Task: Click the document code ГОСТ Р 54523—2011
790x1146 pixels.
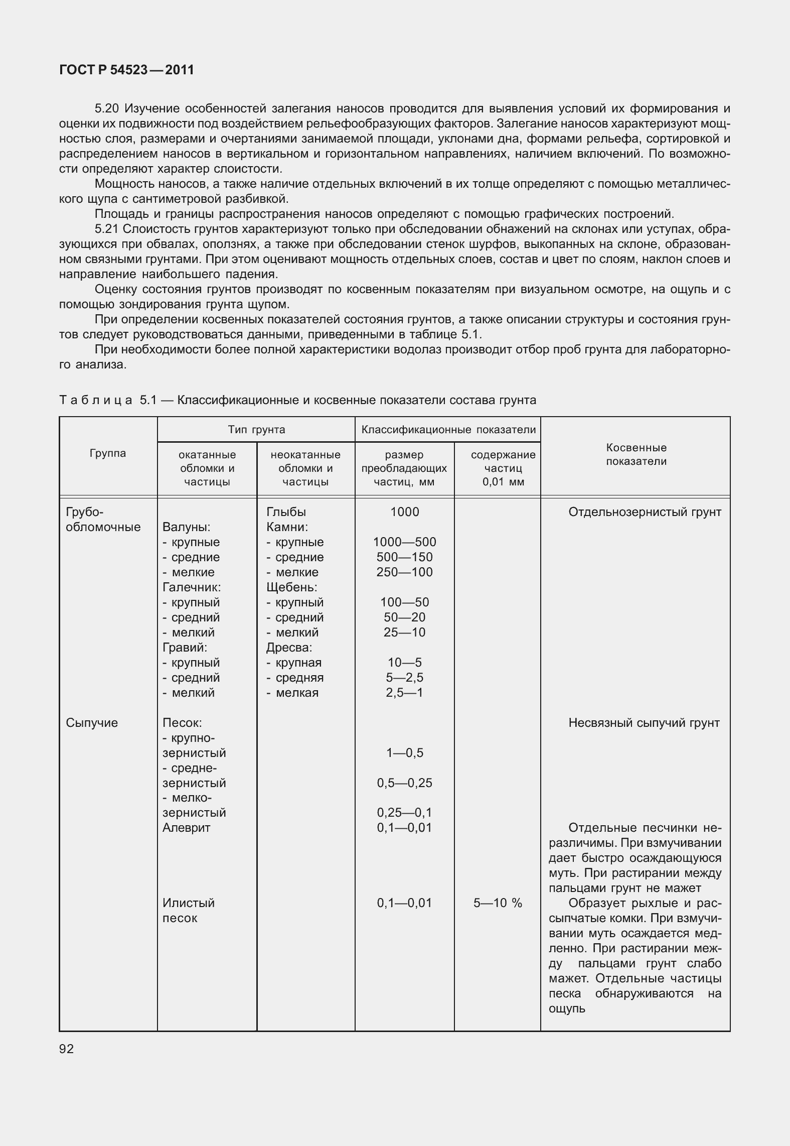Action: tap(126, 70)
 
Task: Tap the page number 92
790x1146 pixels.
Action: tap(66, 1049)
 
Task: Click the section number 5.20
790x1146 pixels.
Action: tap(107, 108)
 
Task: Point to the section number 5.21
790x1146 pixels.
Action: tap(107, 229)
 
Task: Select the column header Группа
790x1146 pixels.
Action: tap(108, 453)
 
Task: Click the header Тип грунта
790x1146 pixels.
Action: tap(256, 430)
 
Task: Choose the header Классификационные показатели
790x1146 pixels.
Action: tap(448, 430)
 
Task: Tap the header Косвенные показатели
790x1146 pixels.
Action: tap(636, 454)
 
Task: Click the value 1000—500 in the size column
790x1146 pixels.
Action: tap(404, 542)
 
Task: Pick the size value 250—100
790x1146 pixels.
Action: tap(404, 572)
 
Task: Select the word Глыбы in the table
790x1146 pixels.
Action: tap(286, 512)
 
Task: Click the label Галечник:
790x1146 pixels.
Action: tap(192, 587)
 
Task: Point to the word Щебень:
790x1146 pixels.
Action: tap(291, 587)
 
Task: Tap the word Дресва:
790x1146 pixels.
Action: tap(289, 648)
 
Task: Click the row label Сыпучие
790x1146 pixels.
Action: tap(92, 723)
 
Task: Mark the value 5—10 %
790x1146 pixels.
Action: tap(497, 903)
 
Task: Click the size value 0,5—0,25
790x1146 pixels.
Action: tap(404, 783)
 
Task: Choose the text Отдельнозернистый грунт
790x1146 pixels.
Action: tap(645, 512)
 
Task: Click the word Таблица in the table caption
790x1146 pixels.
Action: tap(95, 400)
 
